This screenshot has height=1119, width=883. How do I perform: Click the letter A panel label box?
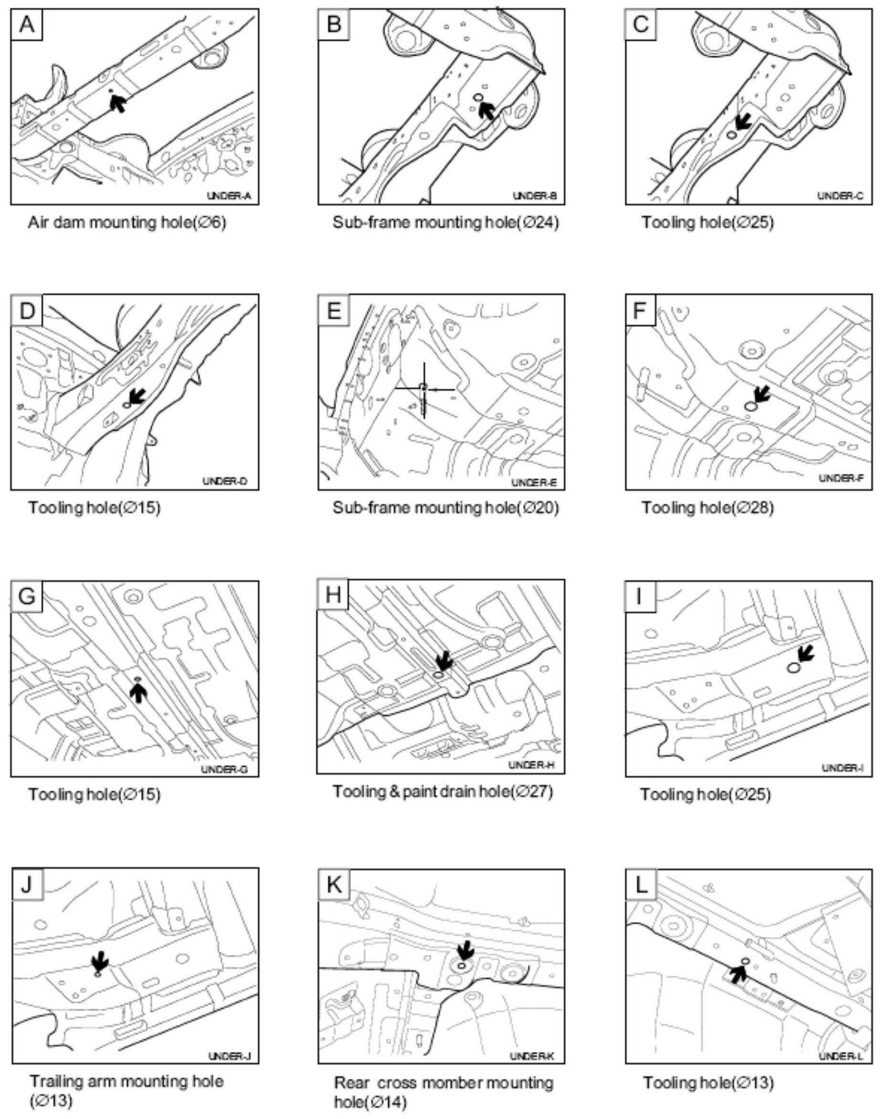click(x=26, y=24)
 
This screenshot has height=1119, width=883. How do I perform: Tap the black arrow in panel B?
click(x=487, y=109)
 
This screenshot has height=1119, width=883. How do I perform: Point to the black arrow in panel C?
click(x=743, y=122)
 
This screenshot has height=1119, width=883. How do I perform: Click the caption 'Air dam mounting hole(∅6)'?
click(x=127, y=223)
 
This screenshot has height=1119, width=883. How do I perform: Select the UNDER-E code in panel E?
click(x=534, y=483)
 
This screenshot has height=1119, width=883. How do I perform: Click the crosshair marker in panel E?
click(x=424, y=388)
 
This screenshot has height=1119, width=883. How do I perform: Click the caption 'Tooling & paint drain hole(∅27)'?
click(x=443, y=792)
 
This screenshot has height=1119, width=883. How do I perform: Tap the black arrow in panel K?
click(x=465, y=949)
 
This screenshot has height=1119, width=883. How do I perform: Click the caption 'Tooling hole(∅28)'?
click(x=707, y=508)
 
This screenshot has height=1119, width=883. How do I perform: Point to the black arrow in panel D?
click(x=136, y=397)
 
